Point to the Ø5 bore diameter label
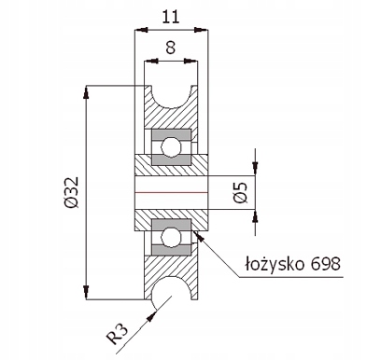point(240,193)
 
